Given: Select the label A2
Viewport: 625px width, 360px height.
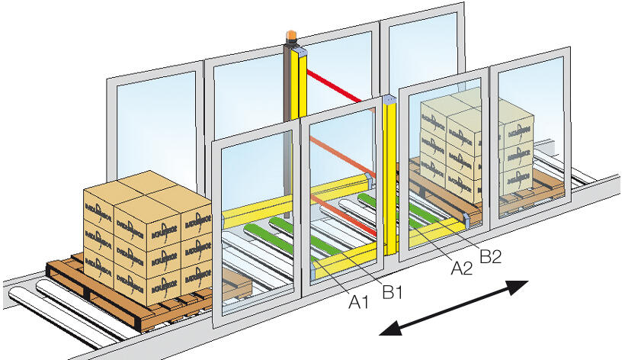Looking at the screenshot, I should coord(461,267).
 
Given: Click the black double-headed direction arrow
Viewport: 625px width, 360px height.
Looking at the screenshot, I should coord(454,307).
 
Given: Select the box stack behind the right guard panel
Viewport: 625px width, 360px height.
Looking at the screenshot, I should coord(476,145).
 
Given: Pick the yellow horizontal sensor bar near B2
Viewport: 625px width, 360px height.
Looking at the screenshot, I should coord(437,231).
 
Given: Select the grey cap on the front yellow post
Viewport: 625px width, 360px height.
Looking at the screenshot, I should coord(390,100).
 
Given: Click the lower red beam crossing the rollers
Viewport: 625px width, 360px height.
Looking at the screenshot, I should coord(358,220).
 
